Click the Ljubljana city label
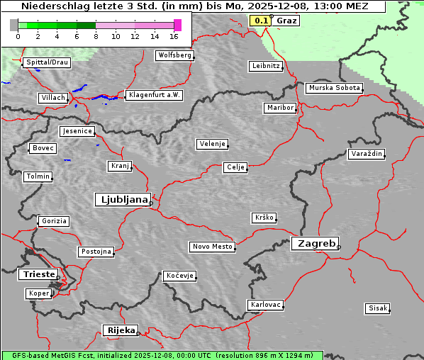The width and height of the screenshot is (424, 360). pyautogui.click(x=122, y=200)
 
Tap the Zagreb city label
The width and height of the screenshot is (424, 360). pyautogui.click(x=314, y=243)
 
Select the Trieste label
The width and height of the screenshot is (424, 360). pyautogui.click(x=38, y=274)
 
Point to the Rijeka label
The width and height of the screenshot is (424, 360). pyautogui.click(x=121, y=330)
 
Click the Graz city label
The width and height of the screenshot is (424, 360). pyautogui.click(x=286, y=21)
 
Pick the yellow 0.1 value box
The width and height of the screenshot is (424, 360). pyautogui.click(x=261, y=21)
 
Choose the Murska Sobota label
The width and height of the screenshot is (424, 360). pyautogui.click(x=334, y=89)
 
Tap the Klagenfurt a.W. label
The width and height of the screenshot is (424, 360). pyautogui.click(x=154, y=95)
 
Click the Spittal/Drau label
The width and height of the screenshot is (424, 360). pyautogui.click(x=47, y=62)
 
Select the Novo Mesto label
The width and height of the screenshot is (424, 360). pyautogui.click(x=212, y=247)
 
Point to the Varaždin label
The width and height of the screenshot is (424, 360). pyautogui.click(x=367, y=154)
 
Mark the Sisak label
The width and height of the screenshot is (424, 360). pyautogui.click(x=377, y=308)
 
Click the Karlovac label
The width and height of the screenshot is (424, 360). pyautogui.click(x=266, y=305)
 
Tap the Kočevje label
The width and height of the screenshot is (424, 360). pyautogui.click(x=179, y=276)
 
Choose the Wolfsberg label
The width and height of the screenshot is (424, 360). pyautogui.click(x=174, y=55)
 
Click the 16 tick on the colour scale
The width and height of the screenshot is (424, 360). pyautogui.click(x=174, y=36)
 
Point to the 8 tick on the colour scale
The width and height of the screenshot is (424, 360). pyautogui.click(x=96, y=36)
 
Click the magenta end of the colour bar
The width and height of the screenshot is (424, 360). pyautogui.click(x=177, y=25)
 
